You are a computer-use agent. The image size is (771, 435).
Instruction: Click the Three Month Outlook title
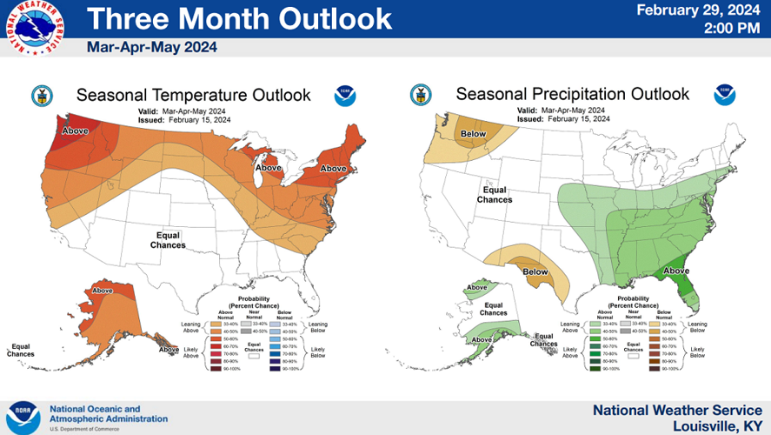[x=239, y=18]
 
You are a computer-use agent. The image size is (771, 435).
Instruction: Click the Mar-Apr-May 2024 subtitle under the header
[x=151, y=47]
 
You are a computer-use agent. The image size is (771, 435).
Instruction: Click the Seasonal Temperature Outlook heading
[x=193, y=94]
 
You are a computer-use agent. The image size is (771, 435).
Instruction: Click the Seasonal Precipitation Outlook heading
[x=572, y=94]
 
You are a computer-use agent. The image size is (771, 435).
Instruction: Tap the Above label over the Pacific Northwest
[x=76, y=131]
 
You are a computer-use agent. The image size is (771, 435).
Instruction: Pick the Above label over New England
[x=334, y=168]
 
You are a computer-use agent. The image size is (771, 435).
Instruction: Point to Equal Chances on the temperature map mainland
[x=170, y=240]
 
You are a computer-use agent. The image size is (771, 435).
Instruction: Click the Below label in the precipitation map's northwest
[x=473, y=134]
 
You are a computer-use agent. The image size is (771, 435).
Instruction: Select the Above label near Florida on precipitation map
[x=676, y=271]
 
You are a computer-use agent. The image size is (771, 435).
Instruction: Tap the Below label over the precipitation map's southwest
[x=536, y=271]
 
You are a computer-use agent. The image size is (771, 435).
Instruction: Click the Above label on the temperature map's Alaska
[x=103, y=290]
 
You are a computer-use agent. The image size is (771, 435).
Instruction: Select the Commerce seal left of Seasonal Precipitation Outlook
[x=421, y=94]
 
